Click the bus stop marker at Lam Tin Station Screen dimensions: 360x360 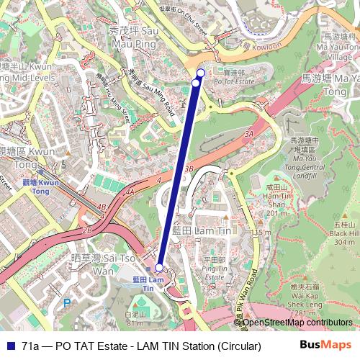point(159,266)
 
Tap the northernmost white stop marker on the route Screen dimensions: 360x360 point(201,73)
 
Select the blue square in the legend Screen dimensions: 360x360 point(9,346)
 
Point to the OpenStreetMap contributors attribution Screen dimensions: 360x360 point(296,322)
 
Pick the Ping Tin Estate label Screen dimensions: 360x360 point(215,264)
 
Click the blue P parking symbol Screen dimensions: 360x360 point(67,303)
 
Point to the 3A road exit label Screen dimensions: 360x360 point(249,134)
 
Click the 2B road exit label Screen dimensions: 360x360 point(87,230)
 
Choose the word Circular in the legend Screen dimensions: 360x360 point(238,346)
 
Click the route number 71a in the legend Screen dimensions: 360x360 point(31,346)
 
